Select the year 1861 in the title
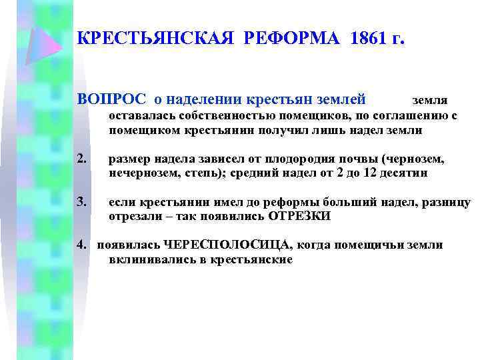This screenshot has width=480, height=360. click(361, 39)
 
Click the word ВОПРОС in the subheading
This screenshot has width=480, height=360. click(113, 100)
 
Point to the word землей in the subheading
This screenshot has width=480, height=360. click(338, 100)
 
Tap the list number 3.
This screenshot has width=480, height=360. click(82, 203)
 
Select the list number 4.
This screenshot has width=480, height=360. click(82, 245)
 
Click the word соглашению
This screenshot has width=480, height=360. click(405, 116)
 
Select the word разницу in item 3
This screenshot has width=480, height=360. click(447, 203)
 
